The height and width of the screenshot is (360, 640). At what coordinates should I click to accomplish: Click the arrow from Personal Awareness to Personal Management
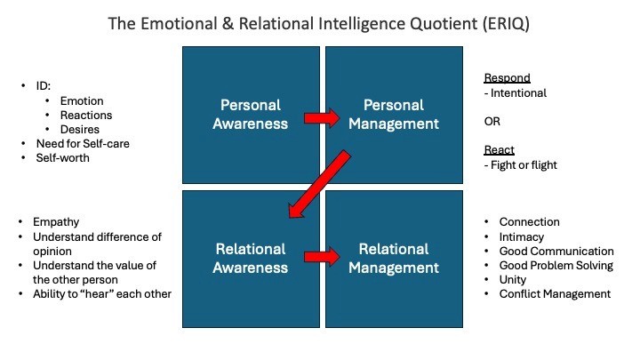pos(323,116)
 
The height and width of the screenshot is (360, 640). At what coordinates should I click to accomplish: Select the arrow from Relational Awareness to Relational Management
pos(323,258)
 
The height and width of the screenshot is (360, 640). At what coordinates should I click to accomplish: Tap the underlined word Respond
pos(507,77)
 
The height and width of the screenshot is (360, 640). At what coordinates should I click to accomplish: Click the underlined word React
pos(500,150)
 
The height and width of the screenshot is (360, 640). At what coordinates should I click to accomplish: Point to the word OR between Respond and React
pos(492,121)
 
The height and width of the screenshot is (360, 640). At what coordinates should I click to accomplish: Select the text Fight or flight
pos(524,164)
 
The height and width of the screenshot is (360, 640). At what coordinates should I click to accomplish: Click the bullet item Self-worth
pos(64,158)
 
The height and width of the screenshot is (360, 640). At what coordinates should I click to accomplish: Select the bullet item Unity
pos(515,279)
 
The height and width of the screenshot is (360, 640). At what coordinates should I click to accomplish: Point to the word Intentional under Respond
pos(520,92)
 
